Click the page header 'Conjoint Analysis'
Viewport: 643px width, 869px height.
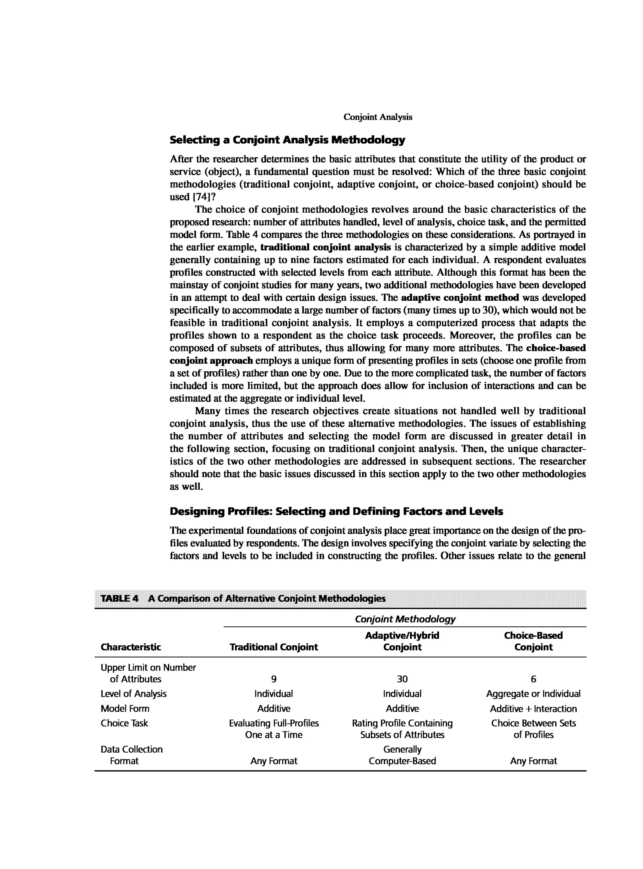click(378, 117)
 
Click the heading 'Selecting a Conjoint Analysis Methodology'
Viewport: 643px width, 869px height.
click(287, 140)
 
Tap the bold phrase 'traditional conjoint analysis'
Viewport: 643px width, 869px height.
click(325, 247)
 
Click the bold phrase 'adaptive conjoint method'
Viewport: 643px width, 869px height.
click(460, 298)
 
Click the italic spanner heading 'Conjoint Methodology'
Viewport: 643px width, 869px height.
click(405, 619)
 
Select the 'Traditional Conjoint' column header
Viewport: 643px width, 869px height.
click(274, 647)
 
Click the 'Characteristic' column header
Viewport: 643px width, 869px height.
click(130, 647)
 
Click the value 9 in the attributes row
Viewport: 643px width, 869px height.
click(274, 679)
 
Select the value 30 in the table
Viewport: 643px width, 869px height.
click(402, 679)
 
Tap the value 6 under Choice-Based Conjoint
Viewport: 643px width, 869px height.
click(533, 679)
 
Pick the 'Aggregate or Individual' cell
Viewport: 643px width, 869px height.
click(533, 694)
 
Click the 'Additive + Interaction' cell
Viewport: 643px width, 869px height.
click(533, 709)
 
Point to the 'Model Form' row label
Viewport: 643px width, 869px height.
click(125, 708)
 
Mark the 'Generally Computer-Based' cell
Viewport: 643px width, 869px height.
click(402, 755)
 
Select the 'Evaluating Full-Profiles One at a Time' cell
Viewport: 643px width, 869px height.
click(274, 729)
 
